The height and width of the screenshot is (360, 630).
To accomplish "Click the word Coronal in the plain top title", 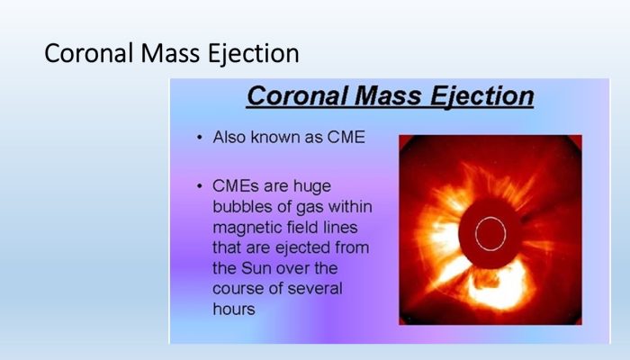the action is [88, 53].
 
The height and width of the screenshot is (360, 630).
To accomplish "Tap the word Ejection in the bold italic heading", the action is [481, 96].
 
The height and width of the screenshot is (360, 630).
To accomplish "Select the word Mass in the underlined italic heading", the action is [388, 96].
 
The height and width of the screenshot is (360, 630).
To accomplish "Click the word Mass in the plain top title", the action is [170, 53].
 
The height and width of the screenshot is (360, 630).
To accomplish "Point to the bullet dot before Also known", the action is [200, 138].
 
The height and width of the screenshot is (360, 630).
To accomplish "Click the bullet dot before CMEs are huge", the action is [200, 186].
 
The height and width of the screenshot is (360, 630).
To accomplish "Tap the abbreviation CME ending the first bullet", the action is [346, 138].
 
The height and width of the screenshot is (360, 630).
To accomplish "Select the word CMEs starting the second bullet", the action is [234, 186].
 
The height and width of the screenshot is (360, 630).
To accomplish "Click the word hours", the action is [234, 309].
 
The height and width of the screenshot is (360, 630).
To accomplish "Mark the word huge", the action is [312, 187].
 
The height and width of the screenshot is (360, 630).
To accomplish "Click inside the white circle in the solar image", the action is [490, 234].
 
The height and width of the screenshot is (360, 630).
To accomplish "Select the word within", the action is [350, 206].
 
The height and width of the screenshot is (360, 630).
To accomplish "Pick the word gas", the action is [310, 208].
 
